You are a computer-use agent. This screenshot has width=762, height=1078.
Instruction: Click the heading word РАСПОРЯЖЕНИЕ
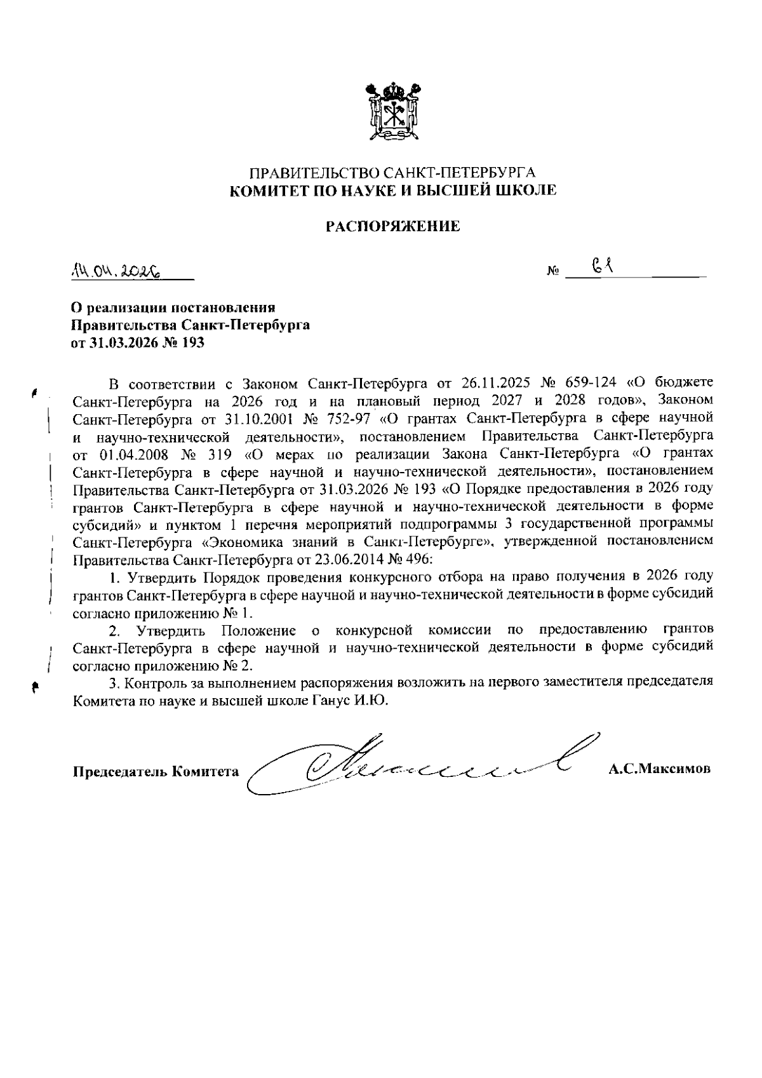pyautogui.click(x=392, y=226)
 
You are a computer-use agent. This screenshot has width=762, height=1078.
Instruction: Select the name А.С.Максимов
pyautogui.click(x=659, y=769)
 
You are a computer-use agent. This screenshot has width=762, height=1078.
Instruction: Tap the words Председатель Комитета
pyautogui.click(x=156, y=772)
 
